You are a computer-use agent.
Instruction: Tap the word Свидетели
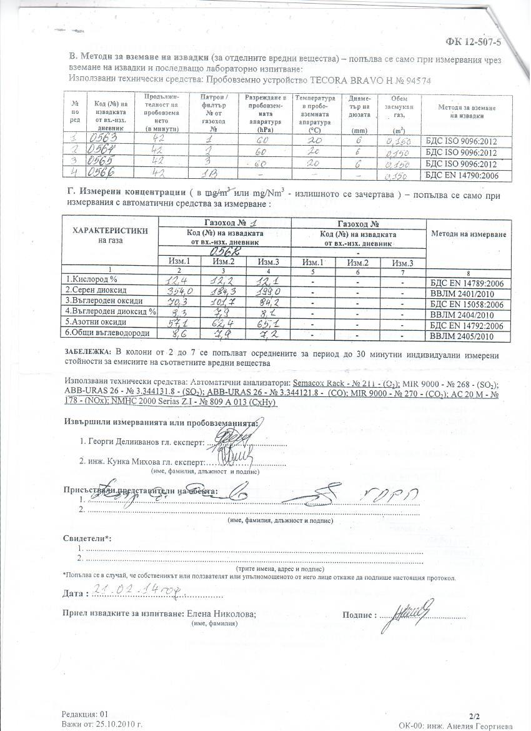click(85, 538)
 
